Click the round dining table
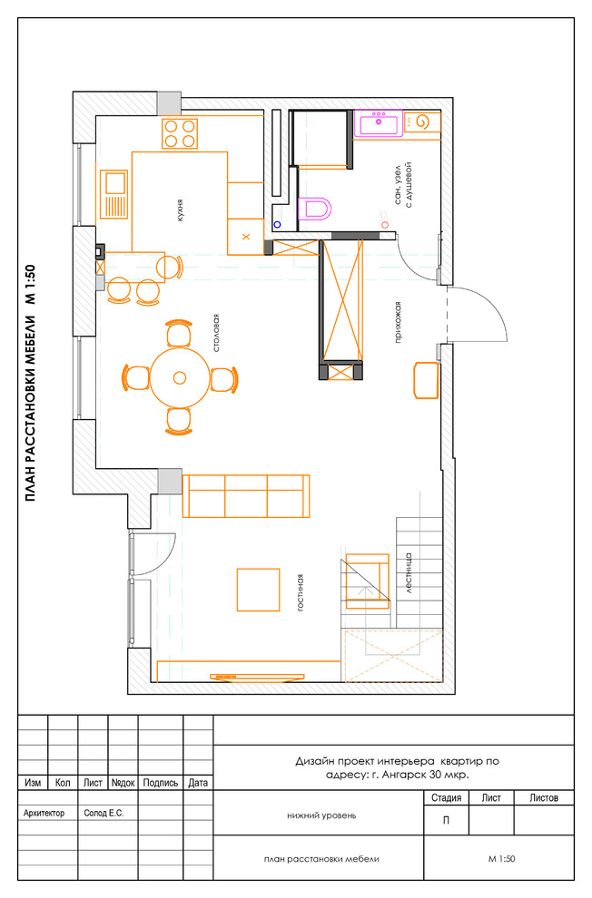tap(180, 378)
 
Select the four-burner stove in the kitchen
tap(180, 133)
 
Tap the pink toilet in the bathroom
tap(315, 209)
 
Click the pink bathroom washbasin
tap(379, 123)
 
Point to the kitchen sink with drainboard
tap(114, 194)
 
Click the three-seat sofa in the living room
tap(246, 496)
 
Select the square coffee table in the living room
tap(259, 590)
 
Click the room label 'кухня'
tap(180, 210)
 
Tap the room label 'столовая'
tap(216, 333)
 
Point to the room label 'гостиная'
tap(300, 592)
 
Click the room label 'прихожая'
tap(398, 322)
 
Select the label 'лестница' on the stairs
tap(409, 572)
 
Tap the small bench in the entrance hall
tap(426, 380)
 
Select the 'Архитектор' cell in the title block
tap(44, 813)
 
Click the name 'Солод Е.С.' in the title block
tap(104, 813)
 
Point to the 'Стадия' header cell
tap(447, 797)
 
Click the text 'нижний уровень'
tap(321, 815)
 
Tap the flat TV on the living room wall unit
tap(257, 677)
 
